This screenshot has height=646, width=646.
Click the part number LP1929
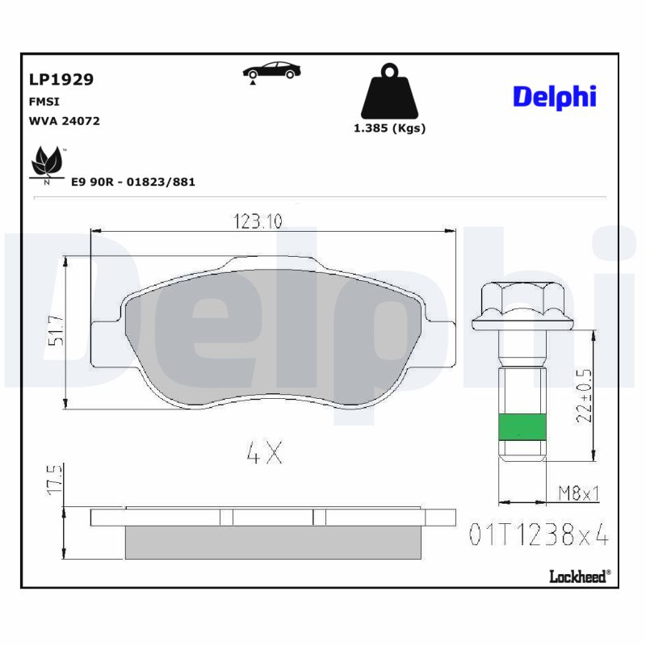(x=61, y=79)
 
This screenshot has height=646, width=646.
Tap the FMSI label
(x=44, y=102)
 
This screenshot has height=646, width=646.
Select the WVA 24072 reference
(x=65, y=121)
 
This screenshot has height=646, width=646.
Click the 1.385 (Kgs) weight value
(x=389, y=128)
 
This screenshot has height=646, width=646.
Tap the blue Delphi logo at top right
(x=554, y=96)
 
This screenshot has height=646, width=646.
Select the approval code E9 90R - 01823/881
(x=133, y=182)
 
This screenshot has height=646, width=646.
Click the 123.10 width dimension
(x=258, y=221)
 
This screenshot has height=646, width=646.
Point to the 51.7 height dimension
(x=56, y=331)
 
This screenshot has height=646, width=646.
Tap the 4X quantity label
(x=264, y=454)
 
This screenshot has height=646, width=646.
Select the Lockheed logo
(x=579, y=576)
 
